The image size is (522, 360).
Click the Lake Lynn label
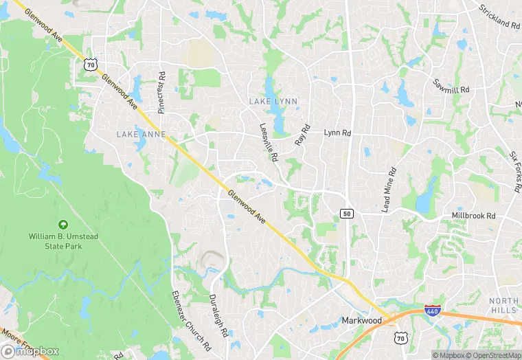click(273, 101)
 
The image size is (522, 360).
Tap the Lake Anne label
click(141, 133)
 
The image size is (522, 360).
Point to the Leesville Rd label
click(269, 142)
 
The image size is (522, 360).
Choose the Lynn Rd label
click(337, 132)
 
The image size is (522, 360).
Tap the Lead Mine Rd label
click(389, 189)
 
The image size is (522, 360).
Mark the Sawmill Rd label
click(451, 85)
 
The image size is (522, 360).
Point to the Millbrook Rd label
click(473, 215)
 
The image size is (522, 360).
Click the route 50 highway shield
click(347, 214)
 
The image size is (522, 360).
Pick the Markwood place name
click(361, 321)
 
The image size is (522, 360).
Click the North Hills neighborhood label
click(503, 306)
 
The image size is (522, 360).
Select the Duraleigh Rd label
click(218, 315)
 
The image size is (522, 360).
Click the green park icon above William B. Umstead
click(63, 225)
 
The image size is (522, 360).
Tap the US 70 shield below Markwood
click(400, 337)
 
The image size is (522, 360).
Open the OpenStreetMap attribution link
click(490, 355)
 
